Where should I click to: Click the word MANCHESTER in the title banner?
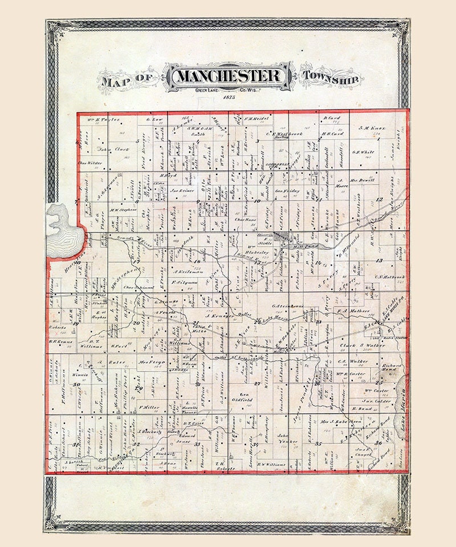coord(229,76)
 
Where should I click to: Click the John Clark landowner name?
coord(113,150)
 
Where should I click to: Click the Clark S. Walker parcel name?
coord(363,345)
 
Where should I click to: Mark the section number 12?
coord(380,199)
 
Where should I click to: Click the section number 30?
coord(75,385)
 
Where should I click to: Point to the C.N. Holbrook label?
coord(389,277)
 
